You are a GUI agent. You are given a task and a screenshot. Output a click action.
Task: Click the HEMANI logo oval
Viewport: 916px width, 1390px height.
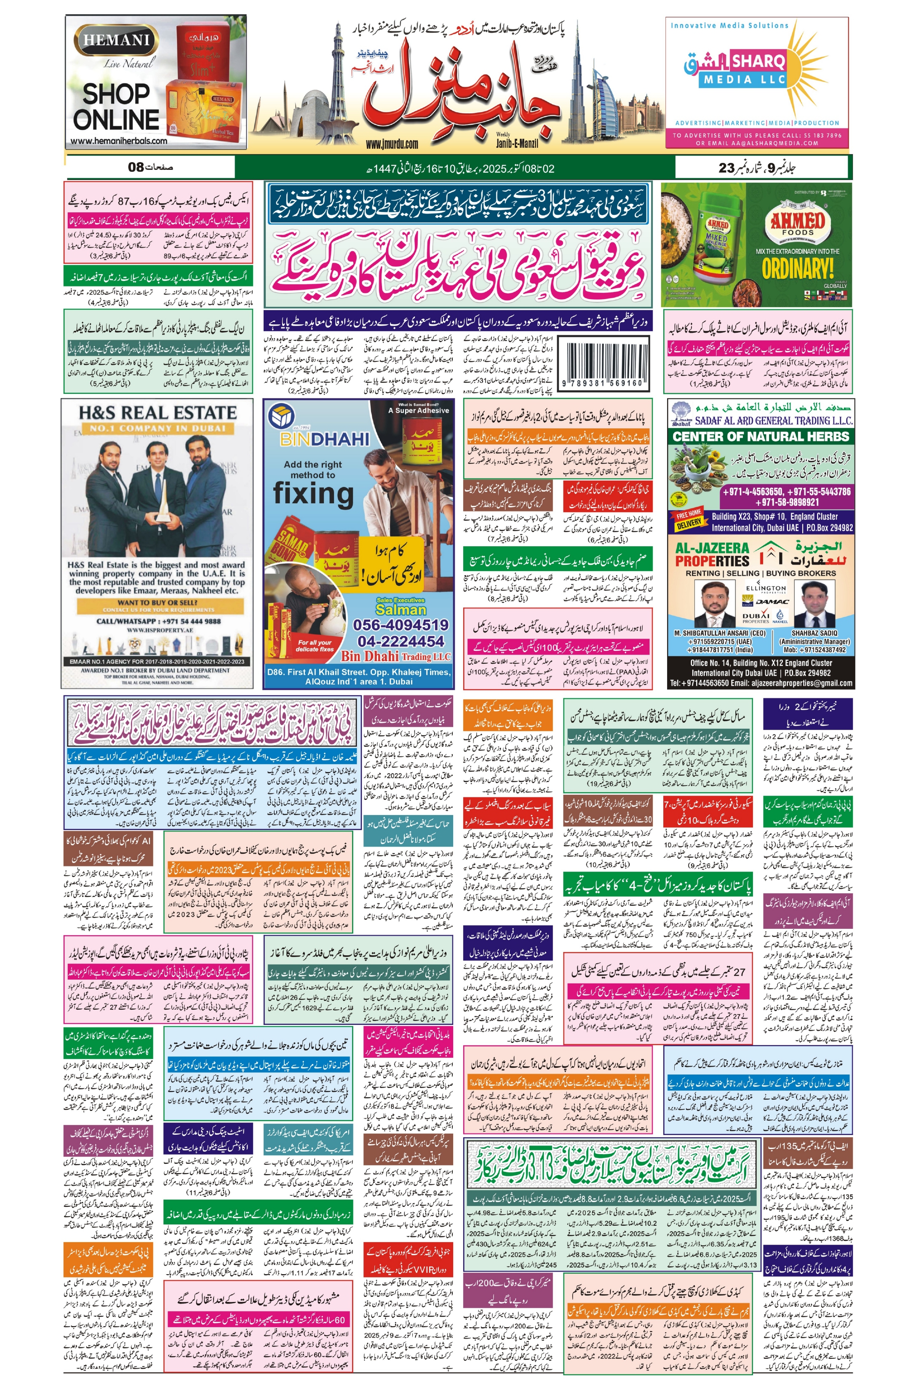(x=116, y=40)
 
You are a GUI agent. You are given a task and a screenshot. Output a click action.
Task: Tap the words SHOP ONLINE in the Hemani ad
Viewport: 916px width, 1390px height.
(x=116, y=107)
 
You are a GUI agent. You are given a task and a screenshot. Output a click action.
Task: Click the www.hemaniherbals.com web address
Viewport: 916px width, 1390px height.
(x=119, y=141)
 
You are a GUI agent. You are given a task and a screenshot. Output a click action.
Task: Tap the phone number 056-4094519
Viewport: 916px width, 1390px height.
(x=401, y=625)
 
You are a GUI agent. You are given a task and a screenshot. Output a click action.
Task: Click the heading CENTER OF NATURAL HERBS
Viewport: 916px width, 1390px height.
(x=761, y=436)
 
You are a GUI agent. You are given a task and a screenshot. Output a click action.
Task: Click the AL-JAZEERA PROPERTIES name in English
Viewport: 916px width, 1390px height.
(x=712, y=554)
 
